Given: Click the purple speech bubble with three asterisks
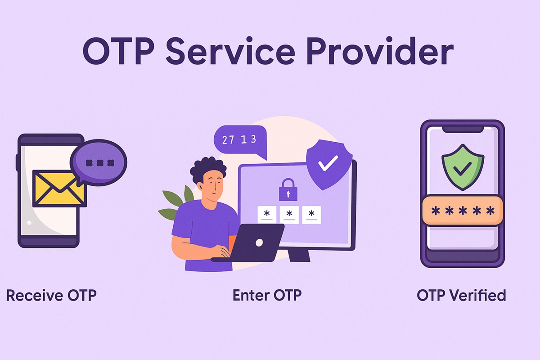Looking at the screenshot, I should point(99,162).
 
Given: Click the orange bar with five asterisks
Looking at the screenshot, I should point(462,211).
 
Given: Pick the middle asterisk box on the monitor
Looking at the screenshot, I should point(289,214).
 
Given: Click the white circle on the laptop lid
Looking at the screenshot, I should point(259,243).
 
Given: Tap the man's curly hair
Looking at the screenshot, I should point(207,170).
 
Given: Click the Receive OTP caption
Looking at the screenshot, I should point(51,296).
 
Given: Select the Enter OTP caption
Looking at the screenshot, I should point(267,296).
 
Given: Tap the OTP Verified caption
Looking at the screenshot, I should point(461,296).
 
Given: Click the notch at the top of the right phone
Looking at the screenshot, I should point(462,129).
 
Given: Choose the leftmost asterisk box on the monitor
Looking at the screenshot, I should point(267,214).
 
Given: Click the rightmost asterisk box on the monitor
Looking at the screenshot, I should point(311,214).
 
